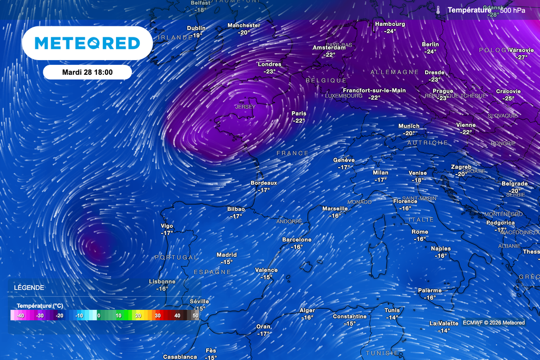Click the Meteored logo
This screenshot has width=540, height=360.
(x=87, y=43)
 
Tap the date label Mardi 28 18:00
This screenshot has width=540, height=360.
(x=87, y=72)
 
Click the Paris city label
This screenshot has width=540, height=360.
(x=299, y=113)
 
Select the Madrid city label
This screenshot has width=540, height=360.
(x=227, y=255)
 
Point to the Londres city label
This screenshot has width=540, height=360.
(x=269, y=64)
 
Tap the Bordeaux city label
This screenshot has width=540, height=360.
(x=264, y=183)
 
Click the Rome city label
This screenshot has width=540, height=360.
(x=420, y=232)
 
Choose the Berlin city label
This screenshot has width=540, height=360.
(x=430, y=44)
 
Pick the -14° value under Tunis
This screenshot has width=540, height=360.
(x=392, y=317)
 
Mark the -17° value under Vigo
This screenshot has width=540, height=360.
(x=167, y=233)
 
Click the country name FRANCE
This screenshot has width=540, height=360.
(x=293, y=153)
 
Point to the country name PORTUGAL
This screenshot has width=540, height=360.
(x=176, y=257)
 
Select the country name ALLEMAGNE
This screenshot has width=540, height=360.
(x=394, y=72)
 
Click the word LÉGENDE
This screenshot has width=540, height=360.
(x=29, y=288)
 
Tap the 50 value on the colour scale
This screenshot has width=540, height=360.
(x=196, y=315)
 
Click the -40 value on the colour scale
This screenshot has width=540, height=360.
(x=21, y=315)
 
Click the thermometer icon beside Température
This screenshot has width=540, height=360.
(x=438, y=9)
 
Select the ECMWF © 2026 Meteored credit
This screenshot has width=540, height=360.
(x=494, y=323)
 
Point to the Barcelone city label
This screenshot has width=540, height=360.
(x=297, y=239)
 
